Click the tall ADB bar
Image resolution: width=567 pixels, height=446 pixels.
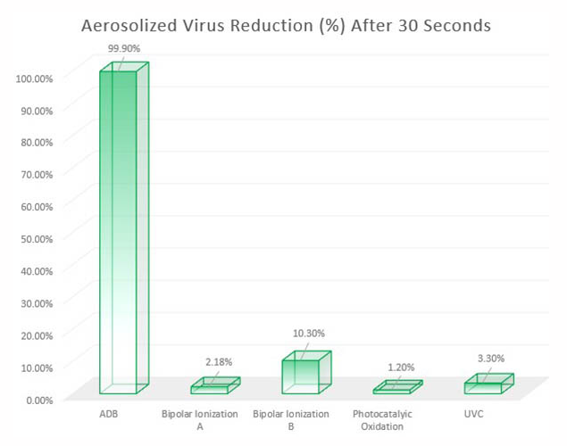(118, 232)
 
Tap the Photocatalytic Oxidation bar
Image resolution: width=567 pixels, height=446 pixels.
(394, 388)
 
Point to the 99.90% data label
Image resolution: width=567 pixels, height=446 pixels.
(124, 47)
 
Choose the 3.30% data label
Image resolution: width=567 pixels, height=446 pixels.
(489, 359)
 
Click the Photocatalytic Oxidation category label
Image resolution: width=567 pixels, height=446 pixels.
(382, 420)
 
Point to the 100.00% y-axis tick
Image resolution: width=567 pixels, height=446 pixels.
(35, 78)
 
